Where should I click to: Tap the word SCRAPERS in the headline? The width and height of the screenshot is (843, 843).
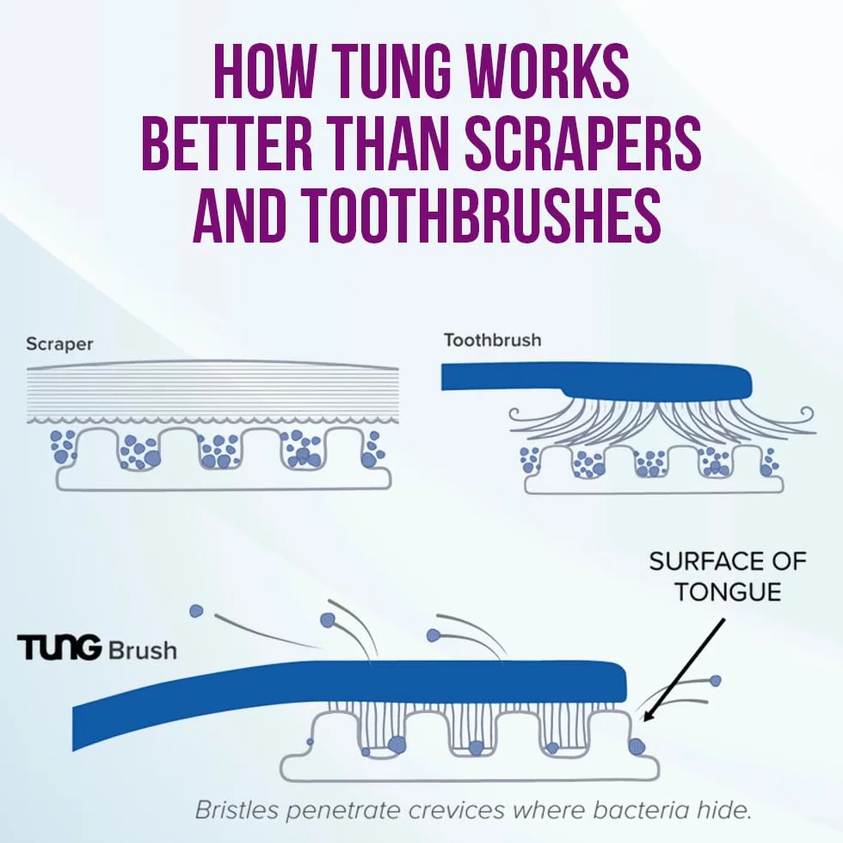click(583, 142)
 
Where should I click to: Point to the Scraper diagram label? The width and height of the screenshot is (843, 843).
click(59, 344)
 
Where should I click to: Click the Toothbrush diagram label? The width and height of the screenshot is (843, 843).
click(492, 341)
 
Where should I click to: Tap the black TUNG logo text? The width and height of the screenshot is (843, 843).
click(59, 647)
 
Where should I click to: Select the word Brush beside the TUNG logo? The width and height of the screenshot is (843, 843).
click(143, 650)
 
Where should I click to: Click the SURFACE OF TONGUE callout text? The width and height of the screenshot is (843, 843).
click(728, 577)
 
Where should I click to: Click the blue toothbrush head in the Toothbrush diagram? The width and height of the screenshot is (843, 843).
click(597, 380)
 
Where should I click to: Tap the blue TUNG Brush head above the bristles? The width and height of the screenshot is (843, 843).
click(349, 693)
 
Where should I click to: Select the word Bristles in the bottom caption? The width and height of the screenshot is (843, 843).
click(237, 809)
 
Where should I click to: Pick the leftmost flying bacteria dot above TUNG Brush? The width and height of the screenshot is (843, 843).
click(197, 612)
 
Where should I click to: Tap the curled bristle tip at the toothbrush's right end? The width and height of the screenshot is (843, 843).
click(807, 414)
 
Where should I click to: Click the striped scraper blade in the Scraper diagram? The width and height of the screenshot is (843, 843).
click(213, 392)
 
